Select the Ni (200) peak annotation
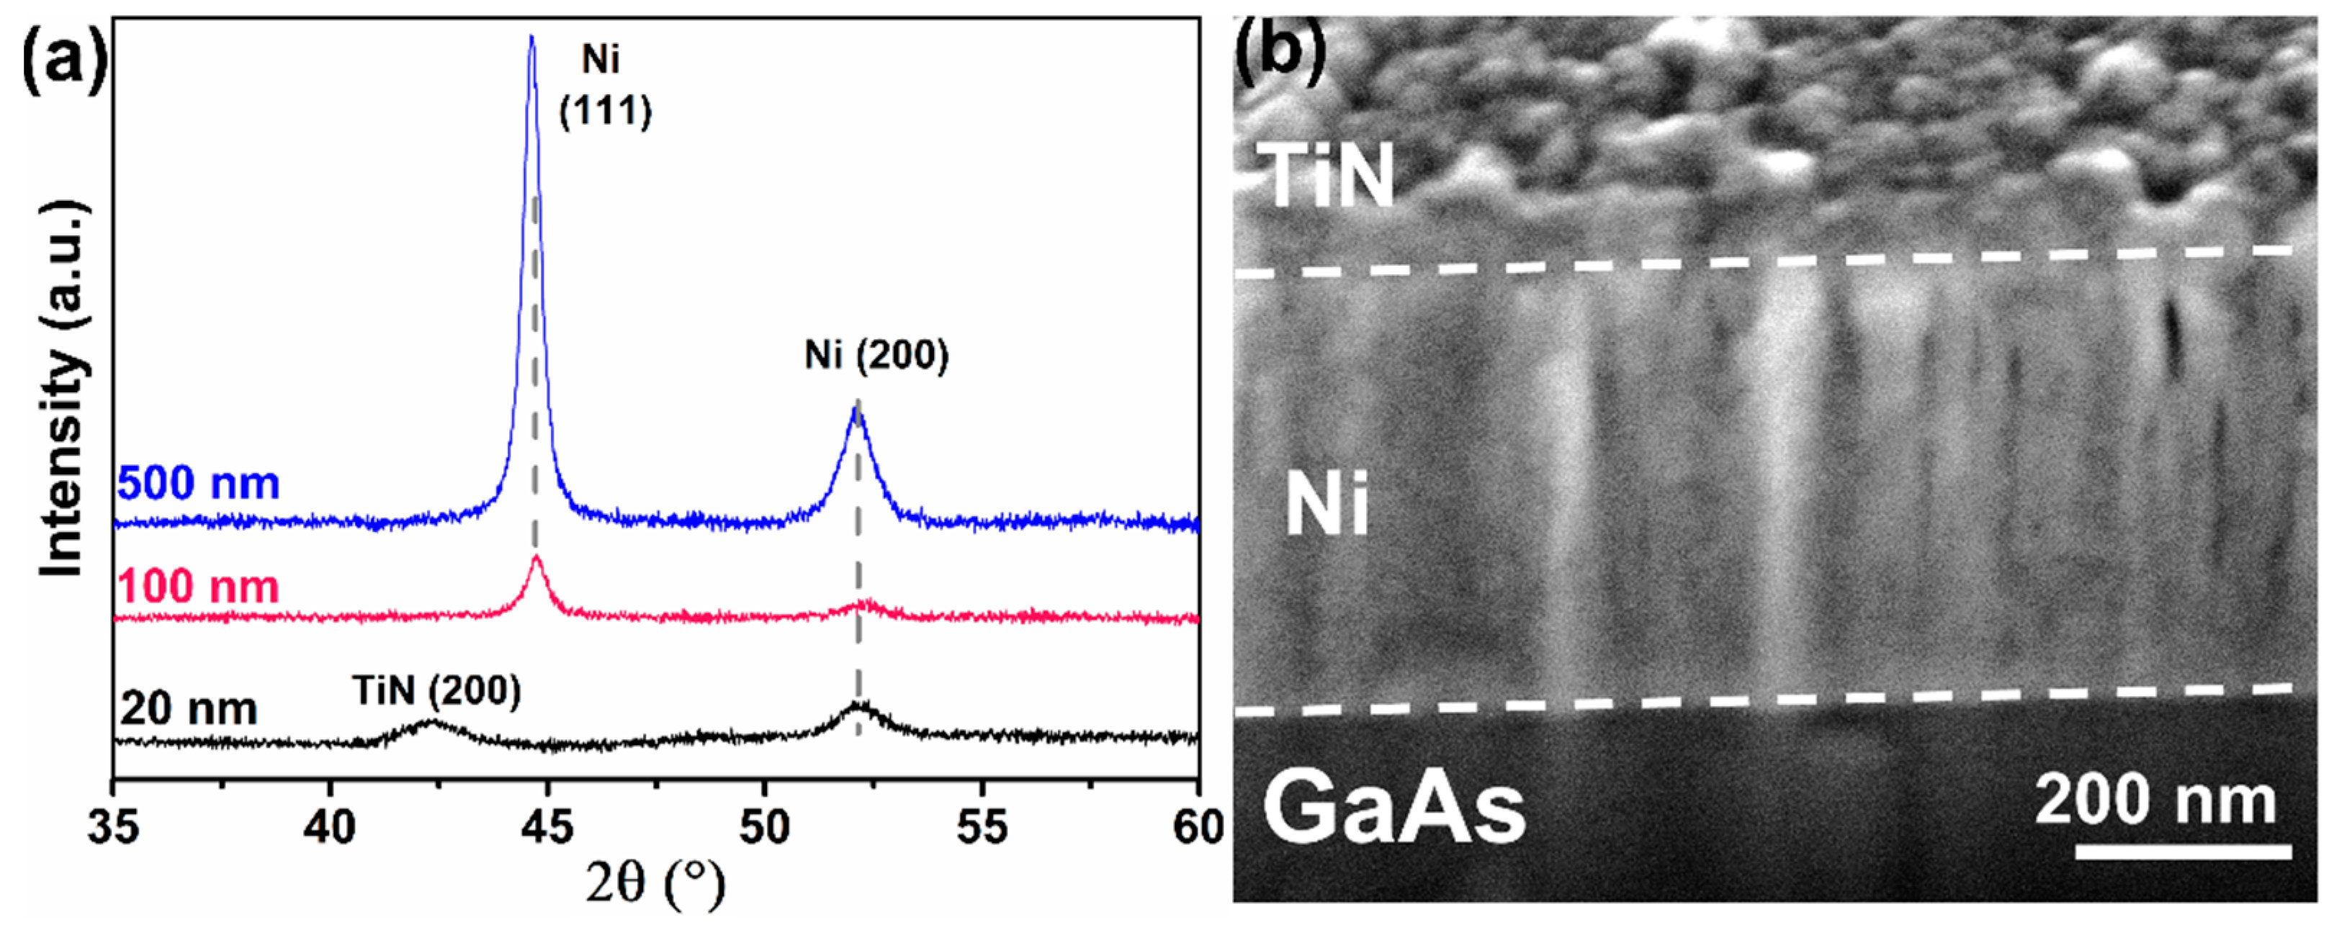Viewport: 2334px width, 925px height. point(876,355)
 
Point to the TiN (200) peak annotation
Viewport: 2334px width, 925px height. point(436,691)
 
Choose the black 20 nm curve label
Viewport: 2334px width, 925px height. point(189,708)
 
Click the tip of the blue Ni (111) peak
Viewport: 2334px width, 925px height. point(532,37)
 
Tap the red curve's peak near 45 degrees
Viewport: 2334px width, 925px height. point(537,557)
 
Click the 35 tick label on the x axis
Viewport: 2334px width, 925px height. point(113,826)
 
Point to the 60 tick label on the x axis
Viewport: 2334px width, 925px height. point(1198,826)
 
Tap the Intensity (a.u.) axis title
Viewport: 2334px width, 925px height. point(63,389)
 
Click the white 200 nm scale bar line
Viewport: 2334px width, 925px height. point(2182,852)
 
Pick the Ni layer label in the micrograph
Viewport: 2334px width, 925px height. point(1327,507)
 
